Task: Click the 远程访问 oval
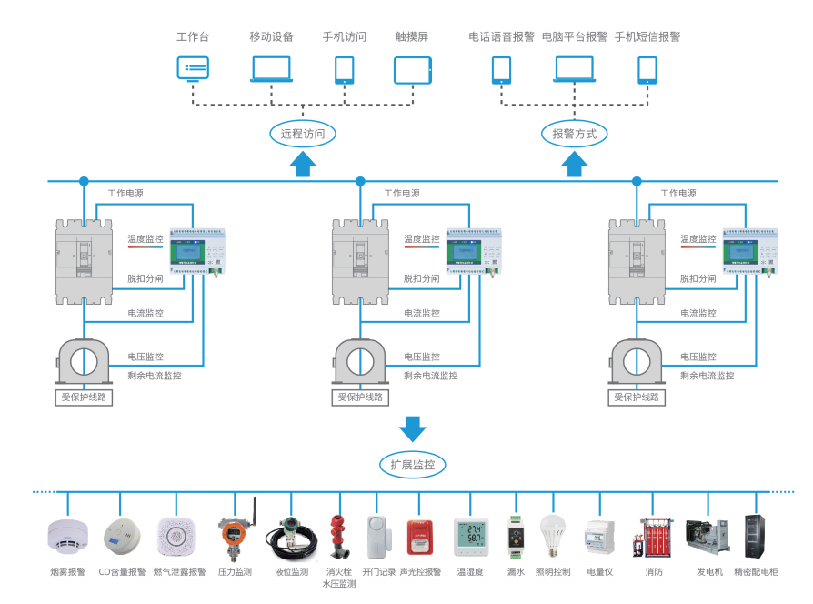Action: tap(303, 134)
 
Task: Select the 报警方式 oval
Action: tap(575, 134)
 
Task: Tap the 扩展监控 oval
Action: tap(412, 465)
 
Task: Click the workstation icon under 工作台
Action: tap(193, 69)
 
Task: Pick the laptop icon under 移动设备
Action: tap(271, 69)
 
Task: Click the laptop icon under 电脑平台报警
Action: tap(574, 69)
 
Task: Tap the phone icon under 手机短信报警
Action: tap(647, 70)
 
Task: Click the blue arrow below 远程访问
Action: tap(303, 163)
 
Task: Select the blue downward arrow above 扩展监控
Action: tap(412, 428)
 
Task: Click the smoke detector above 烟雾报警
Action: tap(67, 535)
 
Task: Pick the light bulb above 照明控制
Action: tap(552, 534)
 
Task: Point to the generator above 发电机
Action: tap(707, 537)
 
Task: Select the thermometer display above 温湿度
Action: tap(470, 538)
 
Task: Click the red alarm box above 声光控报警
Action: tap(419, 537)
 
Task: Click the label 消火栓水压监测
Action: tap(339, 578)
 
